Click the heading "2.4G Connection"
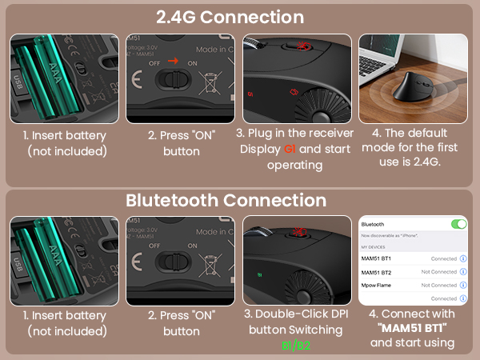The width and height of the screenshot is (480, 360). click(239, 17)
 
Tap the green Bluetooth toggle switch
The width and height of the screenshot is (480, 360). click(459, 224)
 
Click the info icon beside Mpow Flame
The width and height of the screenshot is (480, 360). click(464, 286)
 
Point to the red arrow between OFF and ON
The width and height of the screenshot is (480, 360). click(183, 58)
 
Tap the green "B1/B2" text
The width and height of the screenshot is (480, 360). click(297, 346)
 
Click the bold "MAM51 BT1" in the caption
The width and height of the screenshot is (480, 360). click(413, 328)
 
